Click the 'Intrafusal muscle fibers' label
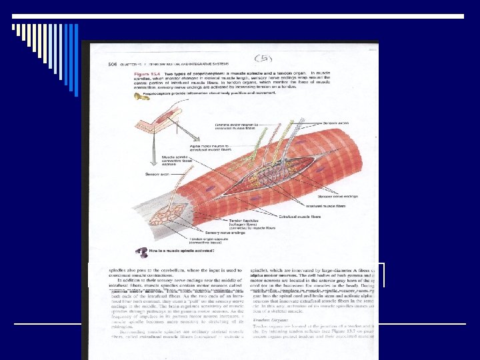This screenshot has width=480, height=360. [x=337, y=207]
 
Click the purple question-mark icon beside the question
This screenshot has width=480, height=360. [x=139, y=251]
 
